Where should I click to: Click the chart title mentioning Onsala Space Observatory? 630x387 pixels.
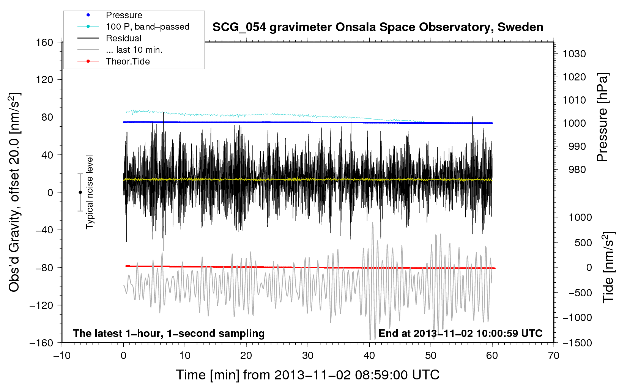click(378, 27)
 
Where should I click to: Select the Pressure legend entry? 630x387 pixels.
click(124, 15)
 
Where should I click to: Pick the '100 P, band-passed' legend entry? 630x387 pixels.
click(147, 27)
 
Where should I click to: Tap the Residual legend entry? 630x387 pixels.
click(123, 38)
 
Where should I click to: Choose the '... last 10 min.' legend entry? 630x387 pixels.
click(134, 50)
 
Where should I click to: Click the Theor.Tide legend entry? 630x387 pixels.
click(128, 61)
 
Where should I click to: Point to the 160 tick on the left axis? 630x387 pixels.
click(45, 42)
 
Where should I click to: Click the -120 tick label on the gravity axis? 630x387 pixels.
click(41, 305)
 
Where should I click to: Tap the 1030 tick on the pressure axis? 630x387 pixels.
click(574, 54)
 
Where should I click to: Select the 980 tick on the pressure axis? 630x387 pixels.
click(577, 170)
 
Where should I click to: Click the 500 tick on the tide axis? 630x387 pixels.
click(583, 242)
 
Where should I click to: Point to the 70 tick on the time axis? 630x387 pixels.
click(554, 356)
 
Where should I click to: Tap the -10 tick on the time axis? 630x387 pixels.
click(62, 356)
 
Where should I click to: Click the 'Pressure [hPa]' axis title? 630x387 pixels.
click(603, 117)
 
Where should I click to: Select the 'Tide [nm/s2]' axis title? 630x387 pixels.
click(608, 267)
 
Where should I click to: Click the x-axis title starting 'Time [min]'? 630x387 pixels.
click(307, 375)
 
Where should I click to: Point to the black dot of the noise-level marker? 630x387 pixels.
click(80, 192)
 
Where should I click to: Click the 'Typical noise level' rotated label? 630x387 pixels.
click(90, 192)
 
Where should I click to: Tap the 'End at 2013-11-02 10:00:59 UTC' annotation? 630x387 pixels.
click(460, 333)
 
